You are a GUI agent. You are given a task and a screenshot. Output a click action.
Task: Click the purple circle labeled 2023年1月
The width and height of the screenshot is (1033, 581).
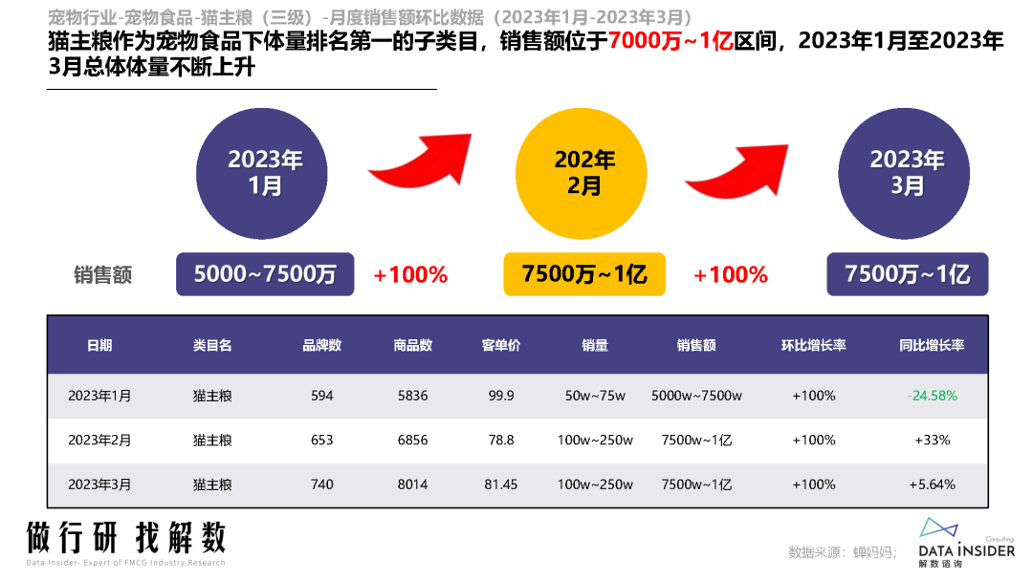tap(266, 173)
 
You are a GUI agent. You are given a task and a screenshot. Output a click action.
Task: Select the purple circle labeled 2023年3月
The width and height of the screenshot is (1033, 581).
tap(907, 173)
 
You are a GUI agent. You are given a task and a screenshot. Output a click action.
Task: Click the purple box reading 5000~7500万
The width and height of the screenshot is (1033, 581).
tap(265, 275)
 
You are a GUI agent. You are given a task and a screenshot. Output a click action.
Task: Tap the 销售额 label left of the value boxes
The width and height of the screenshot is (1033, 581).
tap(102, 275)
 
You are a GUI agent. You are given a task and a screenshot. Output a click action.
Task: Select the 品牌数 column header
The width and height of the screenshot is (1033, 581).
tap(322, 345)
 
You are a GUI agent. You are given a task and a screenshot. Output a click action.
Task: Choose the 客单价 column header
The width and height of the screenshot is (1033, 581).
tap(500, 345)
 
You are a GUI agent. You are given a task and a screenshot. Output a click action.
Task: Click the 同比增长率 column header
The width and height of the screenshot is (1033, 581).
tap(932, 345)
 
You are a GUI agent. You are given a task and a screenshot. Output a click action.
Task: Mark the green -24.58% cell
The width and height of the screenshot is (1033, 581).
tap(932, 396)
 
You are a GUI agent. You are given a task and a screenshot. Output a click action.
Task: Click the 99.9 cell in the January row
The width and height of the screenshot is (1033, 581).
tap(500, 396)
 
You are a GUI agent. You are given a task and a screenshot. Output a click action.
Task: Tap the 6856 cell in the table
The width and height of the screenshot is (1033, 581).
tap(413, 441)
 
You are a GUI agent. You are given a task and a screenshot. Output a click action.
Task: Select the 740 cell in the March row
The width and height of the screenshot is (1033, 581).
tap(322, 484)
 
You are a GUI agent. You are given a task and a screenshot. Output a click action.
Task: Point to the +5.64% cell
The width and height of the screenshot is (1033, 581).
tap(932, 484)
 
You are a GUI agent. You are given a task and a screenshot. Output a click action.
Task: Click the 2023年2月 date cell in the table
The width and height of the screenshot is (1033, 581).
tap(99, 441)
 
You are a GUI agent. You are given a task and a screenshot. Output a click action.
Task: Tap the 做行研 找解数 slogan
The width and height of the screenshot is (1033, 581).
tap(126, 537)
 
